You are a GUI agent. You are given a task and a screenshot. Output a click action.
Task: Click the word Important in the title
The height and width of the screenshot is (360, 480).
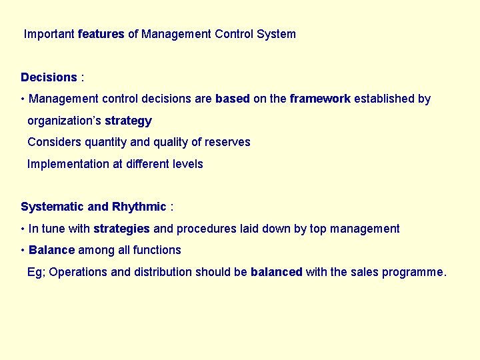point(49,34)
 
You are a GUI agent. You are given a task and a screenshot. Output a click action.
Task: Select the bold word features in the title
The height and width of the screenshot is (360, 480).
point(101,34)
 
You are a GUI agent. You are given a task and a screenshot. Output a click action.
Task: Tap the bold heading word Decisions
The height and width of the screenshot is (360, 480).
point(49,77)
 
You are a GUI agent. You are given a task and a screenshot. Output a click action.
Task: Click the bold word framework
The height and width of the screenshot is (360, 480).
point(320,99)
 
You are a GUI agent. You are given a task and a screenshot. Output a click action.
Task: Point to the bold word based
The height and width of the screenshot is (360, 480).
point(233,99)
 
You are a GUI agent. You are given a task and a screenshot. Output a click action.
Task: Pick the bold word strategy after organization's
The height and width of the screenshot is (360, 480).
point(128,121)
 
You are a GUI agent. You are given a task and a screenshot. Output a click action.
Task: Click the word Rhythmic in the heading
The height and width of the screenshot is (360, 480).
point(139,207)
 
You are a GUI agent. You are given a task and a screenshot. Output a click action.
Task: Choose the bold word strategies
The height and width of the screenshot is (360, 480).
point(121,229)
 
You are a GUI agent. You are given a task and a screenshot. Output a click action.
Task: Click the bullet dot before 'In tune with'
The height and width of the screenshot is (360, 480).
point(23,229)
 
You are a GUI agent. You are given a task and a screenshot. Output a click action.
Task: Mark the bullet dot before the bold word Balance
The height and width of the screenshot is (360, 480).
point(23,251)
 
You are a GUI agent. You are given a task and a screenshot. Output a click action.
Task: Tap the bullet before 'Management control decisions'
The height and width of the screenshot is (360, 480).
point(23,99)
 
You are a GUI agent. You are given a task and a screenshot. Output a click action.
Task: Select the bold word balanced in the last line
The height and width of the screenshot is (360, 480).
point(277,272)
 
